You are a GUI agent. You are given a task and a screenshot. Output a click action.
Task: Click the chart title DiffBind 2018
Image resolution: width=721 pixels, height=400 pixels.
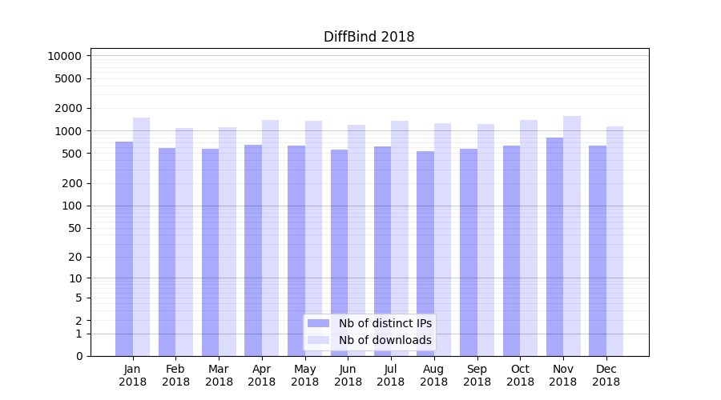click(369, 37)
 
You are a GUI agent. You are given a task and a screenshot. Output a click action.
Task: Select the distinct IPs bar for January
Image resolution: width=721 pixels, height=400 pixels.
click(124, 249)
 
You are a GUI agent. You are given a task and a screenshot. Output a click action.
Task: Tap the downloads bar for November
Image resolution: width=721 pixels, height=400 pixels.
click(572, 236)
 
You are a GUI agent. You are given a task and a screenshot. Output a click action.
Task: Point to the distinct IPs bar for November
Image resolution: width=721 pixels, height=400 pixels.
click(554, 246)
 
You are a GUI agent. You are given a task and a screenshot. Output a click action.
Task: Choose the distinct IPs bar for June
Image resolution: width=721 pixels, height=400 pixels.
click(339, 253)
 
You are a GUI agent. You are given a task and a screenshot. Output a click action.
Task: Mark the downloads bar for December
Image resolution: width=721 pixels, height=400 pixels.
click(615, 241)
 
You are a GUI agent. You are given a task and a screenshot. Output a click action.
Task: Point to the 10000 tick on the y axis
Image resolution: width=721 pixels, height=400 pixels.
click(64, 56)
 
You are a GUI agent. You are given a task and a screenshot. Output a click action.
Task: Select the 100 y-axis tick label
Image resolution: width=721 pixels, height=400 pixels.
click(72, 206)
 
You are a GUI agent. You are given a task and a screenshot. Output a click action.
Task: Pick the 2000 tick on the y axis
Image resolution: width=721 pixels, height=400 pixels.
click(69, 108)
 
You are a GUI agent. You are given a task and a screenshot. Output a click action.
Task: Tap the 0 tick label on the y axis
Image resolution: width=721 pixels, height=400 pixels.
click(79, 356)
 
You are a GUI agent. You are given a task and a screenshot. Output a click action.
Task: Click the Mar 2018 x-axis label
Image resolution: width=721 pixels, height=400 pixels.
click(219, 375)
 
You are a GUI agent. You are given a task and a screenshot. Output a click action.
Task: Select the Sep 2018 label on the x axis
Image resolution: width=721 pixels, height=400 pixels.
click(477, 375)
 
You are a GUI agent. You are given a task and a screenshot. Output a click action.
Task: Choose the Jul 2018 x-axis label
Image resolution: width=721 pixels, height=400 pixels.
click(391, 375)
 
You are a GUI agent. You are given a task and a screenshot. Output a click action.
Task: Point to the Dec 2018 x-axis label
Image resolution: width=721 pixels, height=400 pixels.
click(606, 375)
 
